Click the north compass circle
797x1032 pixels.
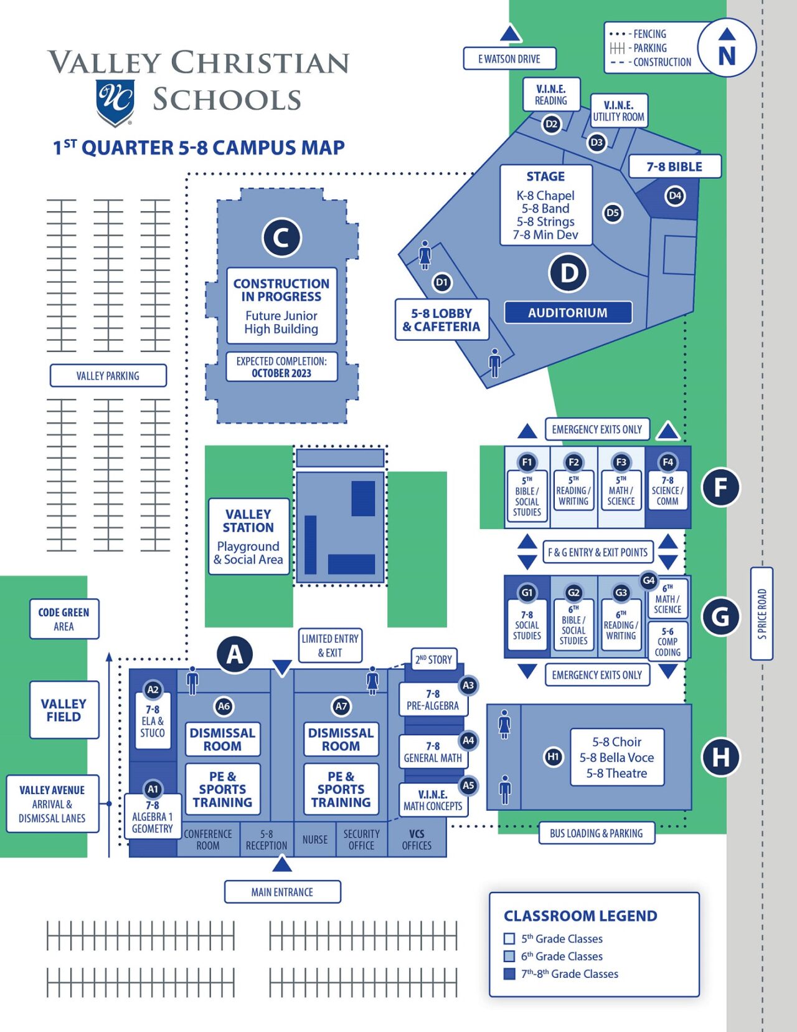click(x=727, y=48)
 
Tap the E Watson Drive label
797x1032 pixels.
click(x=509, y=59)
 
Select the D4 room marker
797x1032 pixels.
click(x=675, y=196)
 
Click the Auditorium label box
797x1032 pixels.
click(x=568, y=312)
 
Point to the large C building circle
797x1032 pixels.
click(x=281, y=237)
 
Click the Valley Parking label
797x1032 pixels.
click(x=108, y=376)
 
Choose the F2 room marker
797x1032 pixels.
click(x=573, y=462)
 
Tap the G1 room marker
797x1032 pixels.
click(x=527, y=593)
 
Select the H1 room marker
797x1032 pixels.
click(x=553, y=757)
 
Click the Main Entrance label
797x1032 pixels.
click(x=282, y=892)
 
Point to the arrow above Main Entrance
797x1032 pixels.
click(x=282, y=864)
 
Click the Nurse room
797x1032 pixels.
click(x=314, y=839)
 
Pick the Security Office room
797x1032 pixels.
click(x=361, y=839)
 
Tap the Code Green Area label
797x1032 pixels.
click(x=64, y=619)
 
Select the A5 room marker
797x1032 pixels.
click(x=468, y=785)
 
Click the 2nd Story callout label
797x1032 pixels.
click(x=434, y=659)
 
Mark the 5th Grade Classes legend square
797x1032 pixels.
click(x=509, y=939)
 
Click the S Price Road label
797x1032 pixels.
click(x=762, y=614)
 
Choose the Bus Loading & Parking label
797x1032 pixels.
click(x=596, y=833)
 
